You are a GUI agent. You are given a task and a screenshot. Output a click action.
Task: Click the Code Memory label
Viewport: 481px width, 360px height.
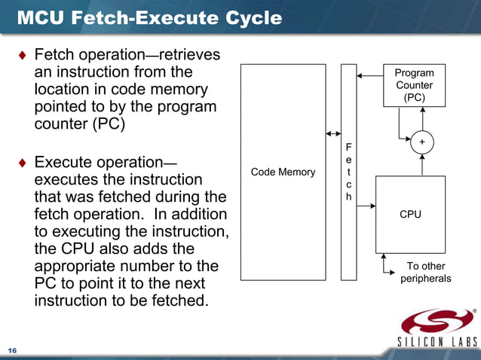coord(283,172)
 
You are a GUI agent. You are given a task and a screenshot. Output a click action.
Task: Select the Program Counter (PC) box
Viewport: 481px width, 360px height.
coord(414,85)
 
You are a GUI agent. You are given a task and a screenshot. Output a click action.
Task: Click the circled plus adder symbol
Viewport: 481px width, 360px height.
coord(421,142)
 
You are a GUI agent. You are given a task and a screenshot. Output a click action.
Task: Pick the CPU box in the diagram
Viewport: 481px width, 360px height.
coord(410,215)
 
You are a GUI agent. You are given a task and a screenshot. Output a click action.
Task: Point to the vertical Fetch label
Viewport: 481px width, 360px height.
coord(348,172)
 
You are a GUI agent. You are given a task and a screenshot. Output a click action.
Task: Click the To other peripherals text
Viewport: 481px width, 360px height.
coord(425,272)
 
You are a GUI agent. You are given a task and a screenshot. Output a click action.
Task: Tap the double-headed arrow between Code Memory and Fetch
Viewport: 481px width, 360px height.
coord(333,134)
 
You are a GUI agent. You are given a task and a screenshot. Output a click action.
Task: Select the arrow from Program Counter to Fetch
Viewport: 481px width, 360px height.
coord(369,75)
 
